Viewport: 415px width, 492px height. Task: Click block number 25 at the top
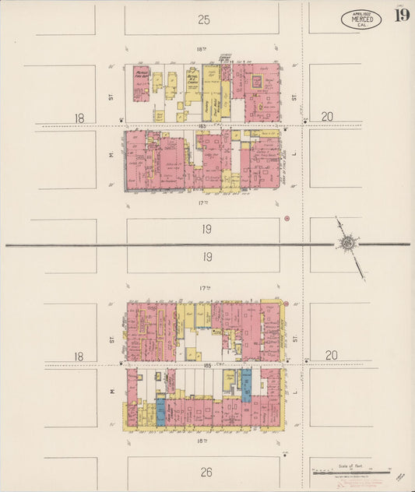(204, 19)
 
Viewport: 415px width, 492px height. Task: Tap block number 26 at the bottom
(204, 472)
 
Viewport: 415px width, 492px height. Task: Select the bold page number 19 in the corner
(401, 17)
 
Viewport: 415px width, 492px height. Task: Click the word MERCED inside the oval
(361, 19)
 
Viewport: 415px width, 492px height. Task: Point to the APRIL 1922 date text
(361, 13)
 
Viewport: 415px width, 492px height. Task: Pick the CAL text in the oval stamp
(361, 26)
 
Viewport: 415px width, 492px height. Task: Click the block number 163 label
(202, 126)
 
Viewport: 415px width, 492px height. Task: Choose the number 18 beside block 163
(79, 118)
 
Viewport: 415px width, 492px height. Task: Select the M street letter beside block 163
(112, 153)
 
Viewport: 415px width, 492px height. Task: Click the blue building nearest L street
(246, 385)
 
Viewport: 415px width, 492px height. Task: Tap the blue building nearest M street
(161, 412)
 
